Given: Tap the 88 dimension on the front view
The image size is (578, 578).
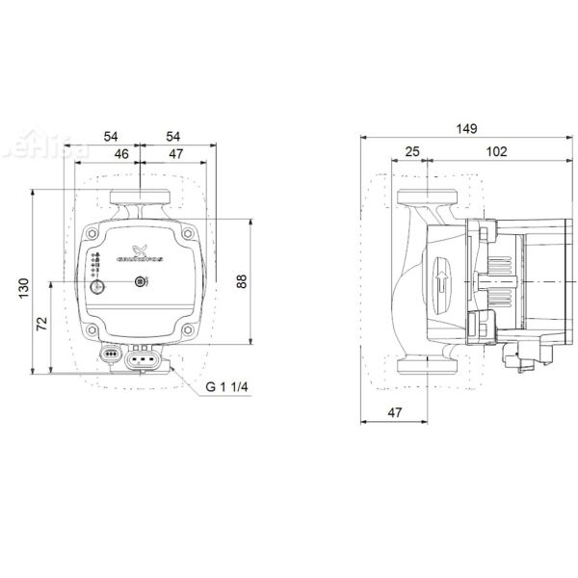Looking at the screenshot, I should click(243, 280).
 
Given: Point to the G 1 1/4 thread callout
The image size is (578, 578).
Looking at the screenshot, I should click(226, 387).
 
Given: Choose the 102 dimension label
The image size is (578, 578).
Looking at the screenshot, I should click(497, 152).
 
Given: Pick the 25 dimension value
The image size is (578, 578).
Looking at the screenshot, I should click(412, 152).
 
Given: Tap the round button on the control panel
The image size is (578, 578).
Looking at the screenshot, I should click(96, 287).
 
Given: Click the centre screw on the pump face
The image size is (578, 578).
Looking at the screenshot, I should click(142, 282).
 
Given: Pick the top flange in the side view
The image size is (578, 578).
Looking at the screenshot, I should click(423, 199).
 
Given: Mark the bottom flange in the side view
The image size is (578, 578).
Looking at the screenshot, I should click(423, 367).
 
